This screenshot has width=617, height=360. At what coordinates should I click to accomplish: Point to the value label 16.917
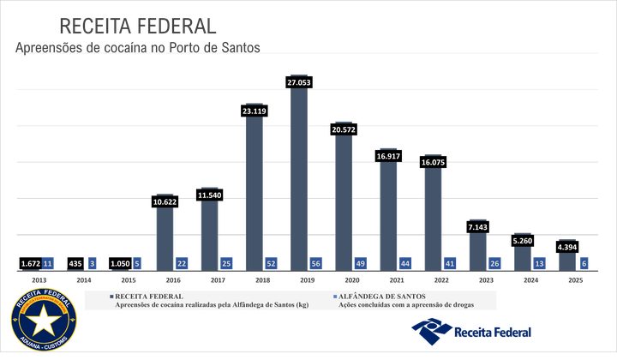pyautogui.click(x=388, y=156)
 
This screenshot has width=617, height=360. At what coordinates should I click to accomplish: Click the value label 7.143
pyautogui.click(x=477, y=227)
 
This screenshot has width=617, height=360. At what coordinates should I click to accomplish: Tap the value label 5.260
pyautogui.click(x=522, y=241)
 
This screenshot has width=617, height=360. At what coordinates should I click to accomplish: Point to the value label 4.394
pyautogui.click(x=566, y=248)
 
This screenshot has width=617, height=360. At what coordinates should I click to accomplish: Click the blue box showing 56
pyautogui.click(x=315, y=263)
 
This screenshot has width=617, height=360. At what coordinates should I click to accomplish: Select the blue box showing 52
pyautogui.click(x=271, y=263)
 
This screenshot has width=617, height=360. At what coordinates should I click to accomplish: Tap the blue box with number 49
pyautogui.click(x=360, y=263)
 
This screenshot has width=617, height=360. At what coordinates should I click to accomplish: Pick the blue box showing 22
pyautogui.click(x=182, y=263)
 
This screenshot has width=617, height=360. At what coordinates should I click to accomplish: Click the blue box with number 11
pyautogui.click(x=48, y=263)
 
